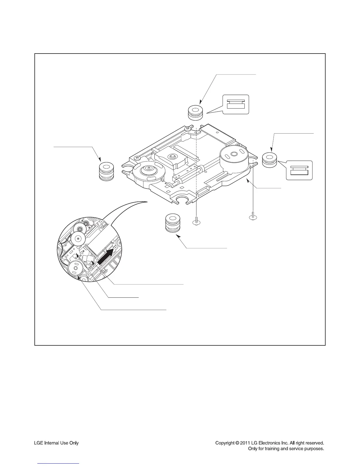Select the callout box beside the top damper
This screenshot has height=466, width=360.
tap(236, 104)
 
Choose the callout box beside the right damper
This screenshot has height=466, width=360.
tap(299, 170)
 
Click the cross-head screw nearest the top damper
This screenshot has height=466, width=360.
tap(187, 128)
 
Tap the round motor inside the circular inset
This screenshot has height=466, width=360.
tap(75, 268)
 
